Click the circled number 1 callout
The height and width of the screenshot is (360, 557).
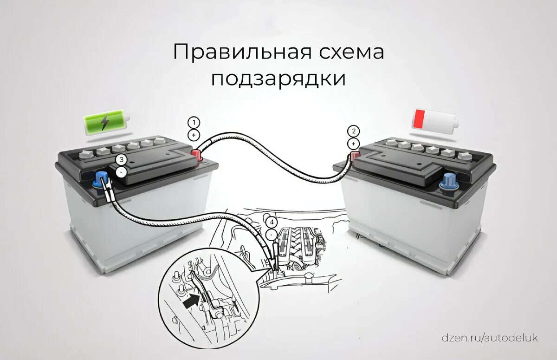click(x=194, y=123)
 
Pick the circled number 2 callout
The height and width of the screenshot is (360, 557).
click(x=354, y=131)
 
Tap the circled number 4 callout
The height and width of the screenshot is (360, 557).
click(x=271, y=221)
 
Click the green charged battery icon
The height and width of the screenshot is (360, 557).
click(x=105, y=122)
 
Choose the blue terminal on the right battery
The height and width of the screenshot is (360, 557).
click(x=449, y=181)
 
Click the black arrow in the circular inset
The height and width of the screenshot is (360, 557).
click(x=191, y=302)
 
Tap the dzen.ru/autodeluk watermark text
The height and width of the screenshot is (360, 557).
click(x=490, y=338)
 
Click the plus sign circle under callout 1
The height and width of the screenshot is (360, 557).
click(x=194, y=135)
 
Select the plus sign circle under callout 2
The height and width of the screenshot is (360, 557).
click(x=354, y=143)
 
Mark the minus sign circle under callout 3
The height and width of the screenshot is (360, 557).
click(x=122, y=172)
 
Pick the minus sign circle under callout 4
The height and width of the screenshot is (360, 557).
click(x=271, y=233)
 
